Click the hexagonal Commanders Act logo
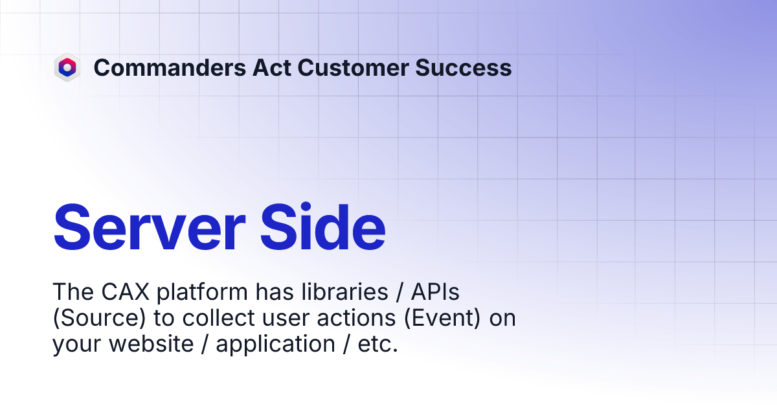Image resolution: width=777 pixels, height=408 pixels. click(67, 67)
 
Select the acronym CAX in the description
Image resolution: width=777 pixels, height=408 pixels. click(124, 292)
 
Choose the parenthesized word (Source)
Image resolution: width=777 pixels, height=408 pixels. click(92, 319)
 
